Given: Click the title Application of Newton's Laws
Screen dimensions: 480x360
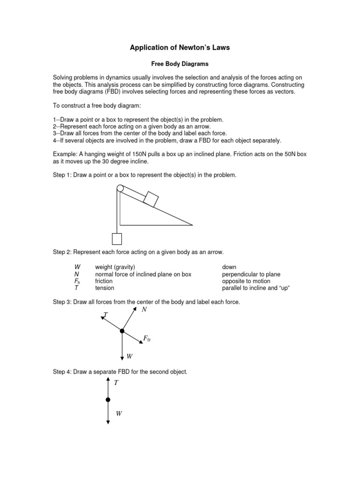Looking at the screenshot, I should pos(180,48).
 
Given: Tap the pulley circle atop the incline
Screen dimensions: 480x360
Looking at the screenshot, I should pos(120,188).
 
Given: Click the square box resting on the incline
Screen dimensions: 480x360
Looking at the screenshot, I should pos(151,199).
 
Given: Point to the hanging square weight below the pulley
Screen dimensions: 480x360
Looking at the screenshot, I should pos(117,239).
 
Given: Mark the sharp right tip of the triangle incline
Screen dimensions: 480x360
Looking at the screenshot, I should pos(192,225).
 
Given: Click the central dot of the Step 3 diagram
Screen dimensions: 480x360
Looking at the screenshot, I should pos(122,331).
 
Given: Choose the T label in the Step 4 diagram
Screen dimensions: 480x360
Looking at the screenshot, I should pos(116,383).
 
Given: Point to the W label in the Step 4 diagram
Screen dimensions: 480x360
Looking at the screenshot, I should pos(119,413).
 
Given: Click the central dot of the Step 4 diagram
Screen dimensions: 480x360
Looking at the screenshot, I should pos(108,399).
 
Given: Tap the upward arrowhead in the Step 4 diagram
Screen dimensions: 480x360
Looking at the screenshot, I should pos(108,379).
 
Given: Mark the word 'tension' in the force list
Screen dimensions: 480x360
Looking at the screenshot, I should pos(105,288).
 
